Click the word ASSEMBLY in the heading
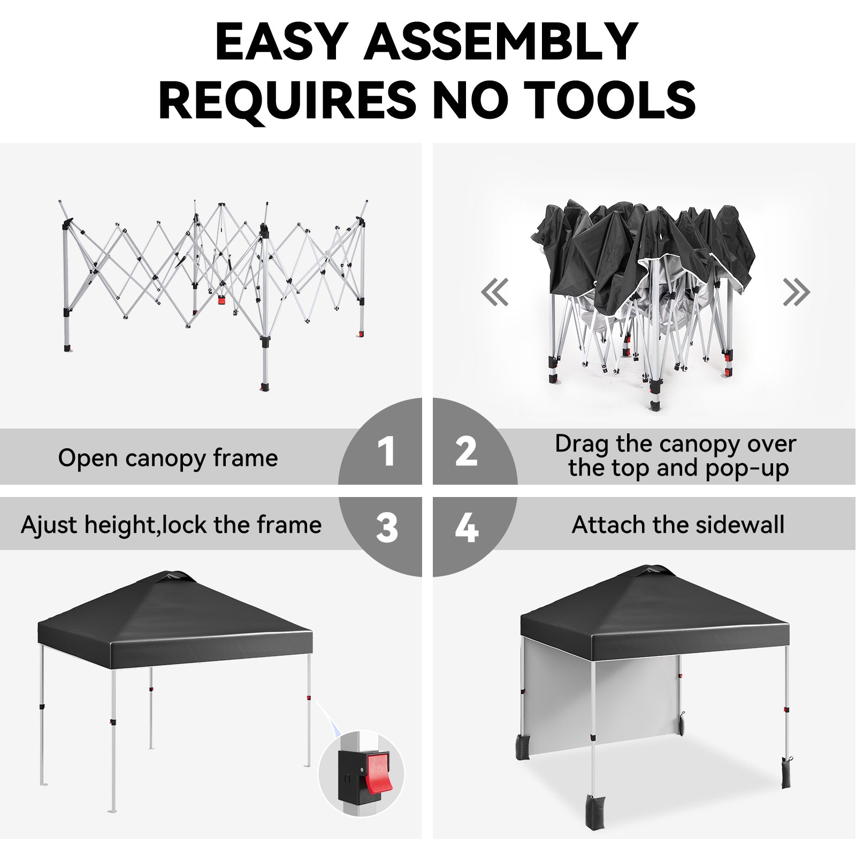(x=501, y=42)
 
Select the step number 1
(x=386, y=451)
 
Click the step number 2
(x=466, y=451)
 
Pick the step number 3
(x=387, y=528)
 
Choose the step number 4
(x=467, y=528)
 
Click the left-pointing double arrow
(x=495, y=292)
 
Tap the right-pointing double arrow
(x=797, y=292)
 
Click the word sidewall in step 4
(x=740, y=525)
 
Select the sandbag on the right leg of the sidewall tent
(x=785, y=774)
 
